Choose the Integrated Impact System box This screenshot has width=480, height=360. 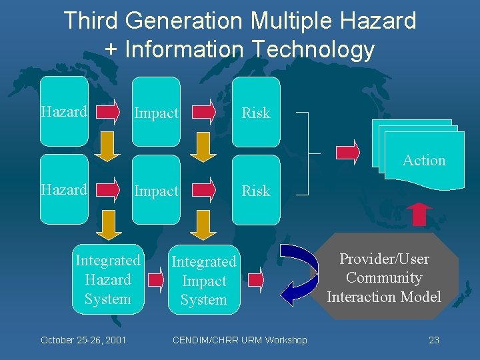pyautogui.click(x=204, y=281)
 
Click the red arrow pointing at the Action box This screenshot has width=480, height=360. pyautogui.click(x=348, y=152)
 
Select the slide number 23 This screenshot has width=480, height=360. pyautogui.click(x=434, y=340)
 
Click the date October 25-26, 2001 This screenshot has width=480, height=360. pyautogui.click(x=84, y=340)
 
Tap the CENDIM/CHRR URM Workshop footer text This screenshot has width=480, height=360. pyautogui.click(x=240, y=340)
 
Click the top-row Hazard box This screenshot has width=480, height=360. pyautogui.click(x=64, y=111)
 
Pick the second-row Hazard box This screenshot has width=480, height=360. pyautogui.click(x=64, y=189)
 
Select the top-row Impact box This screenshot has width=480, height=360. pyautogui.click(x=156, y=111)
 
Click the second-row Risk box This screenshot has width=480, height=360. pyautogui.click(x=255, y=190)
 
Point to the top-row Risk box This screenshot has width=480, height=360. pyautogui.click(x=255, y=112)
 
